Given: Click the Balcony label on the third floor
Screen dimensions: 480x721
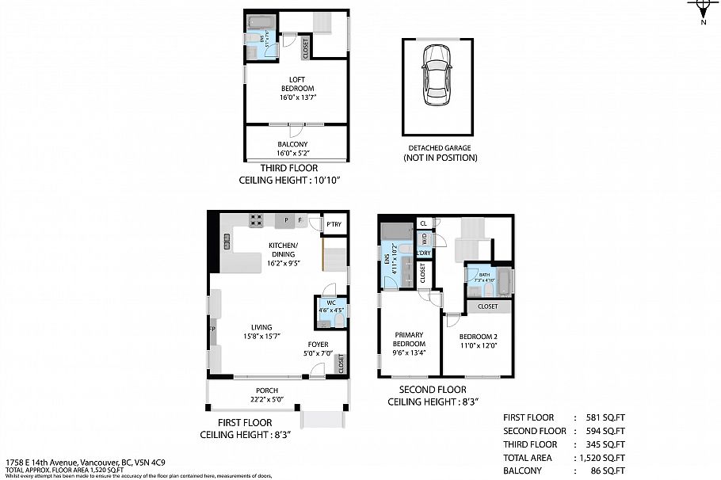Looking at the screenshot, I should [x=297, y=148].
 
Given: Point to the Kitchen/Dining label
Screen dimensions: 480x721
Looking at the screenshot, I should [x=282, y=250].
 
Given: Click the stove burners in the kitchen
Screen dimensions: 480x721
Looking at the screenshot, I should [x=257, y=221].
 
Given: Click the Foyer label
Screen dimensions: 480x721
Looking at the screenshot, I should [x=319, y=349].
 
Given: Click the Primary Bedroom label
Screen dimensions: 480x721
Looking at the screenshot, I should [x=409, y=343].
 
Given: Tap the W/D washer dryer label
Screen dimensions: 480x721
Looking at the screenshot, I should [x=424, y=237].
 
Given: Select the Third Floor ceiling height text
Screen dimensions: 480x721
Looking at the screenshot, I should [x=289, y=181].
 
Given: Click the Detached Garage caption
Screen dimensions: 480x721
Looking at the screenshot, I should [x=439, y=153].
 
